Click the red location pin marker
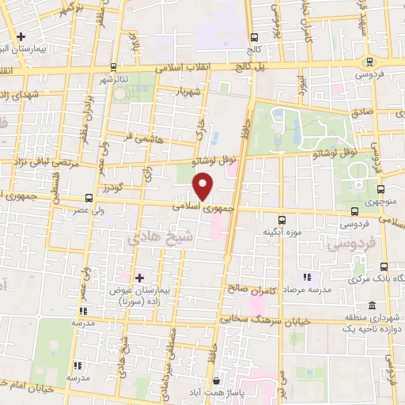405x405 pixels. (204, 186)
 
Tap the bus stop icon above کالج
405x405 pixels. (255, 37)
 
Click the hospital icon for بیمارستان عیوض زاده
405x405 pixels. (139, 277)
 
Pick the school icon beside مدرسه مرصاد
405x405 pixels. (306, 278)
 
